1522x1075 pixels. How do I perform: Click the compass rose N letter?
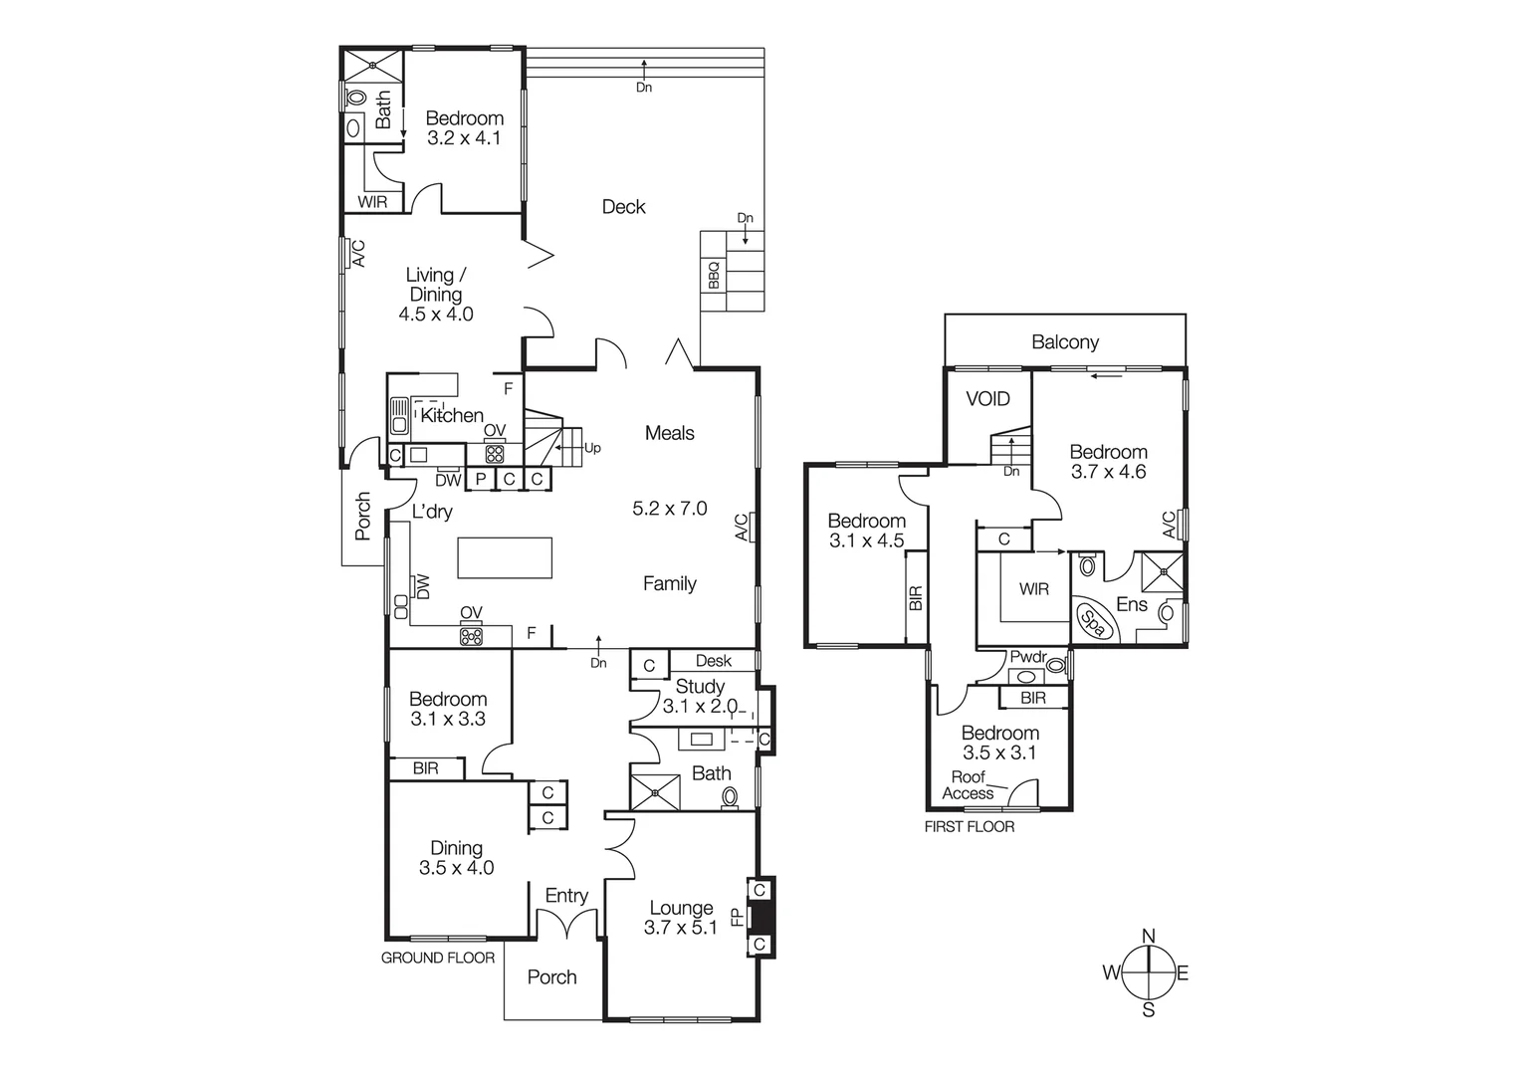pyautogui.click(x=1148, y=936)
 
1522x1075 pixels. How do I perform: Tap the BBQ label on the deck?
pyautogui.click(x=713, y=275)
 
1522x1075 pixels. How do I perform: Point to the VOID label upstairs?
pyautogui.click(x=987, y=399)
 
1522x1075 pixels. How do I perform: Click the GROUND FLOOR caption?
pyautogui.click(x=438, y=958)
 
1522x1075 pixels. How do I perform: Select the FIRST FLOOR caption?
pyautogui.click(x=969, y=826)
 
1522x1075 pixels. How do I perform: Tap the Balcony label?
pyautogui.click(x=1064, y=342)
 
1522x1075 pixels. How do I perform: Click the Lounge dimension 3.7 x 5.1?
pyautogui.click(x=680, y=928)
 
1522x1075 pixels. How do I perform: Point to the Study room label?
pyautogui.click(x=700, y=686)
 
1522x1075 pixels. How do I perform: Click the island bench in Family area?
pyautogui.click(x=505, y=557)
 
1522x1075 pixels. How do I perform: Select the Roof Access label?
pyautogui.click(x=968, y=785)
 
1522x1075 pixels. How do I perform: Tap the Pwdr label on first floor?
pyautogui.click(x=1028, y=657)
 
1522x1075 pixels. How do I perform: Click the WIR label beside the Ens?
pyautogui.click(x=1033, y=589)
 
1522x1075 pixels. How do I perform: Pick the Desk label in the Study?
pyautogui.click(x=713, y=661)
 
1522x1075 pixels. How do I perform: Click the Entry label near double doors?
pyautogui.click(x=566, y=896)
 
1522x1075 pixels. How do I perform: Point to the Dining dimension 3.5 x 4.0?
pyautogui.click(x=456, y=868)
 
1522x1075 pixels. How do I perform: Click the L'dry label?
pyautogui.click(x=432, y=512)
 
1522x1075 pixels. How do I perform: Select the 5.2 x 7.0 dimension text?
pyautogui.click(x=669, y=509)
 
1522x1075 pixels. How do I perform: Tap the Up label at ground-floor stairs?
pyautogui.click(x=592, y=448)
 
